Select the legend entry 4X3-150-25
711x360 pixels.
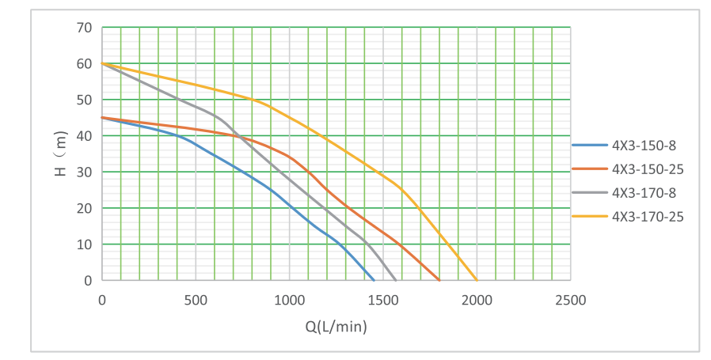pyautogui.click(x=646, y=169)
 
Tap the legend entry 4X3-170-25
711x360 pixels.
pyautogui.click(x=646, y=215)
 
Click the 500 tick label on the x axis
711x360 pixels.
pyautogui.click(x=196, y=300)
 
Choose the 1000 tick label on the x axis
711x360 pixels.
pyautogui.click(x=289, y=300)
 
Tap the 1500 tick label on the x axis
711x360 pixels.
pyautogui.click(x=382, y=300)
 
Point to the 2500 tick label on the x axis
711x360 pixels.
pyautogui.click(x=570, y=300)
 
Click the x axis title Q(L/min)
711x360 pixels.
pyautogui.click(x=336, y=325)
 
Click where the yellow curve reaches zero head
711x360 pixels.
pyautogui.click(x=477, y=280)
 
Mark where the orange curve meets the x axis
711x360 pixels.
pyautogui.click(x=439, y=280)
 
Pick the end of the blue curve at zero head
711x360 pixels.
pyautogui.click(x=374, y=280)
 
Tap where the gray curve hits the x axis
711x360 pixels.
pyautogui.click(x=396, y=280)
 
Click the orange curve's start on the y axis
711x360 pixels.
pyautogui.click(x=102, y=118)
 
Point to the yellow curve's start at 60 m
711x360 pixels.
pyautogui.click(x=102, y=63)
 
